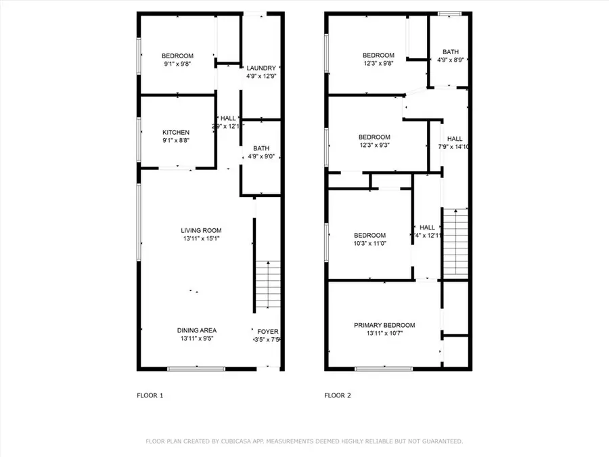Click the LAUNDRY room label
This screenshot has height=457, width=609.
[261, 68]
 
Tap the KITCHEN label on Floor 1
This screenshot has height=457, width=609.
[176, 132]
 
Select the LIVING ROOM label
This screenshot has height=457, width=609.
[201, 230]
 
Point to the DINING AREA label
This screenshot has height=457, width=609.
[197, 330]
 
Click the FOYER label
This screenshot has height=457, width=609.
[268, 331]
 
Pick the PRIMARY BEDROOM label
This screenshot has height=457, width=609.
[384, 325]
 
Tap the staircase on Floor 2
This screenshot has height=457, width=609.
[455, 244]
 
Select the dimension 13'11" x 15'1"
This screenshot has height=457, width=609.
[201, 238]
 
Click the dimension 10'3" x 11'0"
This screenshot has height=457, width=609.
[369, 243]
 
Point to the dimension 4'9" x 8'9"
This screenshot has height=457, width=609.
[450, 60]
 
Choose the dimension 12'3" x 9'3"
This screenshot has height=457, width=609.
[374, 144]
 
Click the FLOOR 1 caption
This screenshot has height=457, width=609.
[150, 395]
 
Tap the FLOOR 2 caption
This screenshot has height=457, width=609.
[338, 395]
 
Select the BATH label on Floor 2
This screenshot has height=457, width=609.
[450, 51]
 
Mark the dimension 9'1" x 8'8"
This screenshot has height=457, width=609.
[176, 140]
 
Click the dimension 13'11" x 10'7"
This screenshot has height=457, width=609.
[384, 333]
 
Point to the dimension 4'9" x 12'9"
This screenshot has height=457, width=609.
[261, 76]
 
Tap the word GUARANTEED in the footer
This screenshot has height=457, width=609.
[437, 441]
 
